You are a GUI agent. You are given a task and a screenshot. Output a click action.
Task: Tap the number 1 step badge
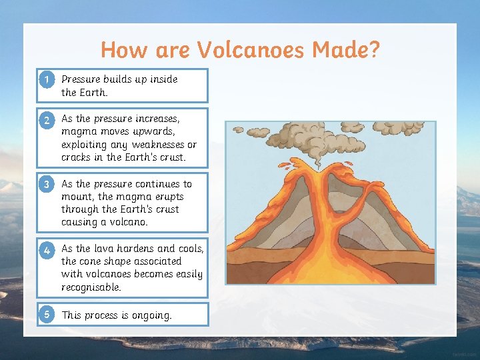tap(46, 79)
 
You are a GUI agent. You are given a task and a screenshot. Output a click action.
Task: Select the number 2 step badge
tap(46, 121)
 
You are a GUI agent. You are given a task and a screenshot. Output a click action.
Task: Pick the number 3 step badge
tap(46, 184)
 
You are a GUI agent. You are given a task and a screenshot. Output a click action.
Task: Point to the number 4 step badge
tap(46, 251)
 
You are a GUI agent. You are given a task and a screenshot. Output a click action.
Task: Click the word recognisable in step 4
tap(90, 287)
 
